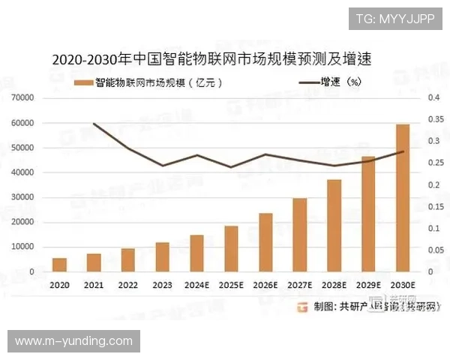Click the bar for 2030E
pyautogui.click(x=403, y=198)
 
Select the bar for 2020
pyautogui.click(x=59, y=265)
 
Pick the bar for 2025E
pyautogui.click(x=231, y=248)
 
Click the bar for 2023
pyautogui.click(x=162, y=256)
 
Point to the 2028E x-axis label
pyautogui.click(x=334, y=285)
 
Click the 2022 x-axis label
pyautogui.click(x=127, y=285)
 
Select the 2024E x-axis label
pyautogui.click(x=196, y=285)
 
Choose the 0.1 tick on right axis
pyautogui.click(x=433, y=228)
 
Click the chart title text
pyautogui.click(x=212, y=58)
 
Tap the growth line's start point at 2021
pyautogui.click(x=94, y=124)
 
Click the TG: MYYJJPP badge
pyautogui.click(x=394, y=18)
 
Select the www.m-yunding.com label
pyautogui.click(x=73, y=341)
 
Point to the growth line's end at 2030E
pyautogui.click(x=403, y=151)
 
